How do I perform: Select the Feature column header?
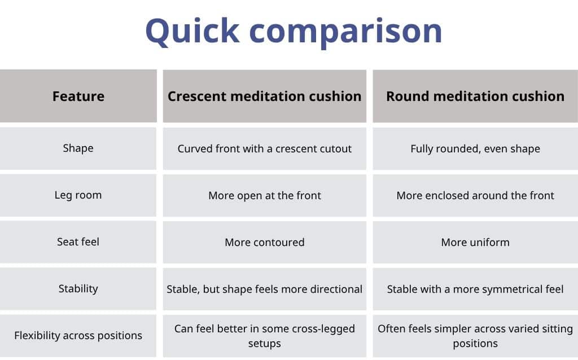click(78, 96)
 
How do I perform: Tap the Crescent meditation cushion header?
click(264, 96)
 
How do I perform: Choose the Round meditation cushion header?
click(475, 96)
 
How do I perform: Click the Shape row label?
click(78, 148)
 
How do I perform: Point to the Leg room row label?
click(78, 195)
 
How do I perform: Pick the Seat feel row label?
click(78, 242)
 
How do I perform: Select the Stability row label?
click(78, 289)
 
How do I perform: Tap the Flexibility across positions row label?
click(78, 336)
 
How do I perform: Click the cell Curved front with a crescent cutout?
click(264, 149)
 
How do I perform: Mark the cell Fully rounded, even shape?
click(475, 149)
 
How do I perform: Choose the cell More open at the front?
click(264, 196)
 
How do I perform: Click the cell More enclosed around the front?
click(475, 196)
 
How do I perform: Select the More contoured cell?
click(264, 243)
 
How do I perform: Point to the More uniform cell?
click(475, 243)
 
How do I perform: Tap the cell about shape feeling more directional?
click(264, 289)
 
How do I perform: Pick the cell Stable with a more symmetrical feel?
click(475, 289)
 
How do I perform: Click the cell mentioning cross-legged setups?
click(264, 336)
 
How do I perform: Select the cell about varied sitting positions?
click(475, 336)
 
